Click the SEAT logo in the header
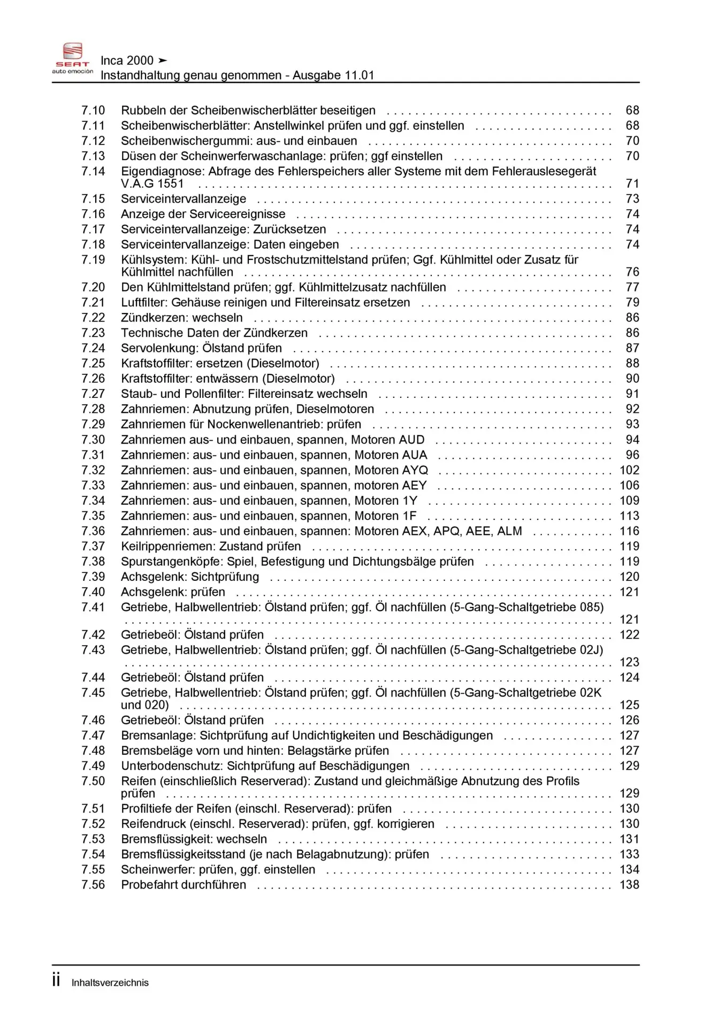click(72, 58)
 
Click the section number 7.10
click(93, 110)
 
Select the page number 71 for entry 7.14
click(632, 183)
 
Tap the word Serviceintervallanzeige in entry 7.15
click(184, 199)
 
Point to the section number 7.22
click(93, 318)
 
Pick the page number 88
click(632, 363)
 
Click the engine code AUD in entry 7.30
click(411, 440)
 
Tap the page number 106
click(629, 485)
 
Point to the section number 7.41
click(93, 607)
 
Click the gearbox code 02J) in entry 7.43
click(591, 650)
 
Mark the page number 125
click(629, 705)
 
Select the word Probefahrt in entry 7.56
click(146, 885)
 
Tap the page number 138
click(629, 885)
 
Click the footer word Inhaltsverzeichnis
click(110, 983)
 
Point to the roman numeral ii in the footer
click(56, 980)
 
